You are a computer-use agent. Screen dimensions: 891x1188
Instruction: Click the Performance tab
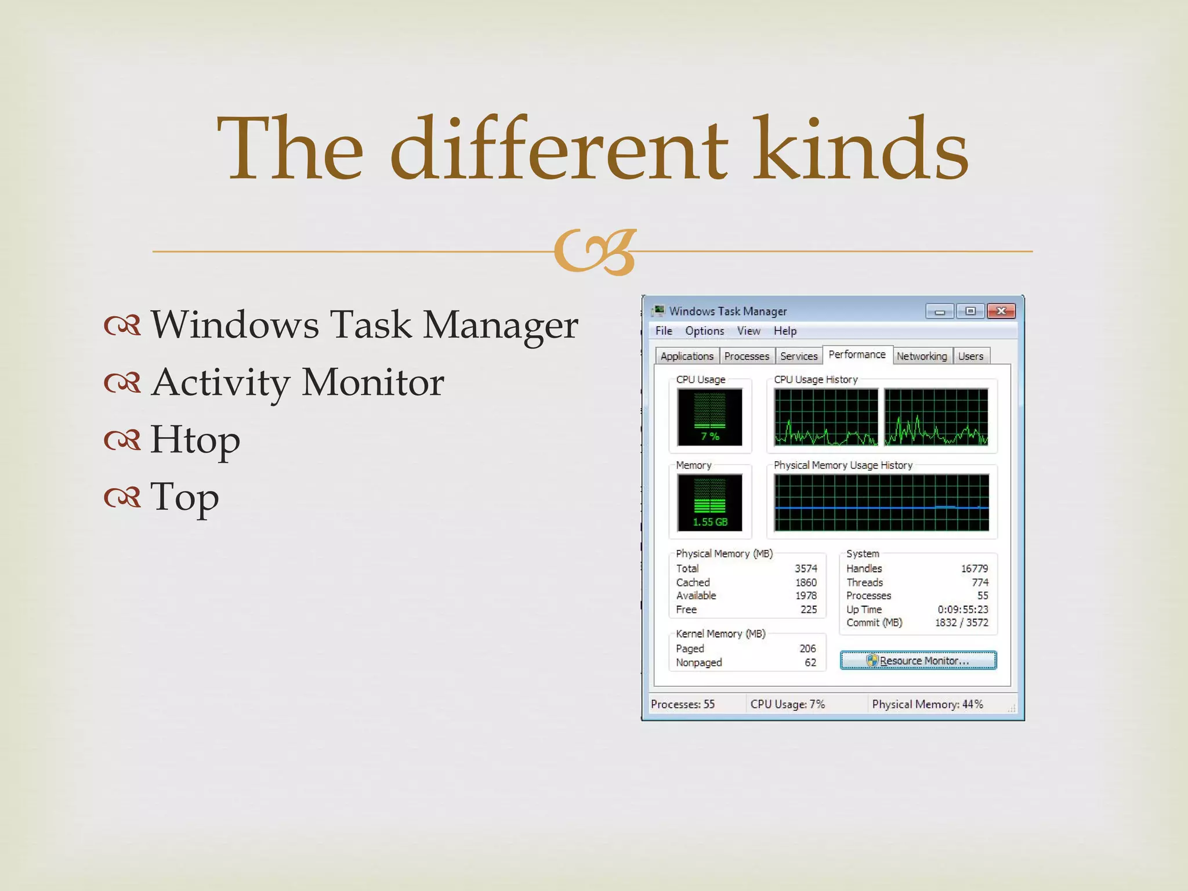coord(857,354)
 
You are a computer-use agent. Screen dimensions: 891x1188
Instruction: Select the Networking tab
coord(921,356)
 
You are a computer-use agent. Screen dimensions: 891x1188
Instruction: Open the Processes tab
coord(747,356)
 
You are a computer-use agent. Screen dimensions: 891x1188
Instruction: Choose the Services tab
coord(799,356)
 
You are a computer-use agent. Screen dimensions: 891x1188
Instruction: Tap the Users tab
coord(970,356)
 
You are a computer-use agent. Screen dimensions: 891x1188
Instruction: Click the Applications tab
coord(687,356)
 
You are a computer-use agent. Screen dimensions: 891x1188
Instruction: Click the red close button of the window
coord(1001,312)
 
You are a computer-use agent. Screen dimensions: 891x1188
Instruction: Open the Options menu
coord(704,331)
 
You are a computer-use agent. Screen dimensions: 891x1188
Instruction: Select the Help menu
coord(785,331)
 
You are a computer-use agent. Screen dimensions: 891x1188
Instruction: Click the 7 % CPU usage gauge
coord(709,416)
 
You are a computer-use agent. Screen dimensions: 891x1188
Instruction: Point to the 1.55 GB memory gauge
coord(709,502)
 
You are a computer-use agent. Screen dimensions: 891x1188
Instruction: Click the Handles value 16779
coord(974,568)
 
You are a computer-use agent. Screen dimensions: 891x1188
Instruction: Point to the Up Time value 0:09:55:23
coord(962,609)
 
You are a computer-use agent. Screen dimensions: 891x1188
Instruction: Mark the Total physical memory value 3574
coord(806,568)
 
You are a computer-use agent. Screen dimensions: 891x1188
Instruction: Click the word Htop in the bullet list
coord(195,440)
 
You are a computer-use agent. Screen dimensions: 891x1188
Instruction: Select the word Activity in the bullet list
coord(220,383)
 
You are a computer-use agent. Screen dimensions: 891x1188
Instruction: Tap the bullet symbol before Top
coord(122,497)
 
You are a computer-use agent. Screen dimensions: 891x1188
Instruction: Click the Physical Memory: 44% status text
coord(927,704)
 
